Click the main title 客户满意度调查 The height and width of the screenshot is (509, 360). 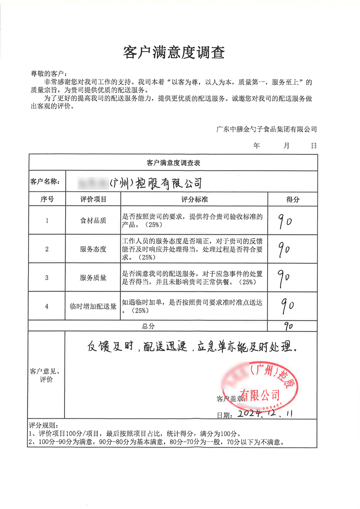[x=174, y=53]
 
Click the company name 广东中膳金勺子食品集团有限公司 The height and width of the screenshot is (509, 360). [x=266, y=129]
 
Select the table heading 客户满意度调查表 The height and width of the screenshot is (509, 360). [x=173, y=163]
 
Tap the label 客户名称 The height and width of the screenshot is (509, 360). [x=45, y=182]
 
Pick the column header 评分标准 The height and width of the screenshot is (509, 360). [x=194, y=199]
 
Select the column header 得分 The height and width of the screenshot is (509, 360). [x=293, y=199]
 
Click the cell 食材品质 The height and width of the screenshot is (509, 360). [x=93, y=221]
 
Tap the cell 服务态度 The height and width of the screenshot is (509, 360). [x=93, y=249]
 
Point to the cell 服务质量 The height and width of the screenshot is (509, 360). [x=93, y=278]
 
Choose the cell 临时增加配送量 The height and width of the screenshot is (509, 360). [x=93, y=306]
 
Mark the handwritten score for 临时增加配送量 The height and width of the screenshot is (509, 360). [x=288, y=306]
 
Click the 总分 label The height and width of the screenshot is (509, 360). [x=148, y=326]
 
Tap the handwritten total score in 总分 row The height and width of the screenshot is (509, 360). [x=288, y=326]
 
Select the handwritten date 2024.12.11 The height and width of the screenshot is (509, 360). [x=265, y=413]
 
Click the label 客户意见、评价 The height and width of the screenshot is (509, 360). [x=46, y=375]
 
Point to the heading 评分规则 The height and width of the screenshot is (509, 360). [x=44, y=425]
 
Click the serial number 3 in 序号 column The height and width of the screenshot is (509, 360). [x=47, y=278]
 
